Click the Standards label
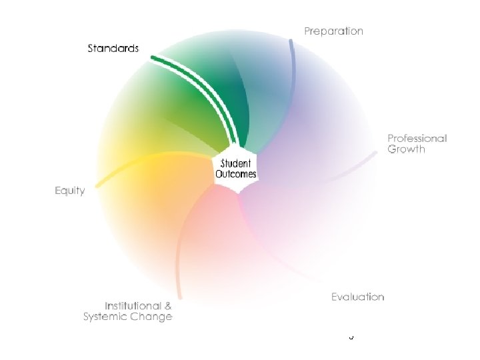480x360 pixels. [x=113, y=48]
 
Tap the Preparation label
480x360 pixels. [x=334, y=31]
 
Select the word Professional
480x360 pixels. [x=417, y=139]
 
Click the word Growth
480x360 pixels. [x=406, y=149]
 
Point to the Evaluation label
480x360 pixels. [x=357, y=297]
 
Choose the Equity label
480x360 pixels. [x=69, y=191]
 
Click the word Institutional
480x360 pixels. [x=133, y=305]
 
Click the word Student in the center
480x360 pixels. [x=235, y=164]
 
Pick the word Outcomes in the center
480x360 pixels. [x=235, y=175]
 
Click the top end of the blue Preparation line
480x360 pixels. [x=290, y=41]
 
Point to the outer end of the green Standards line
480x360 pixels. [x=153, y=58]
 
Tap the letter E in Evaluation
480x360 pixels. [x=335, y=297]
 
